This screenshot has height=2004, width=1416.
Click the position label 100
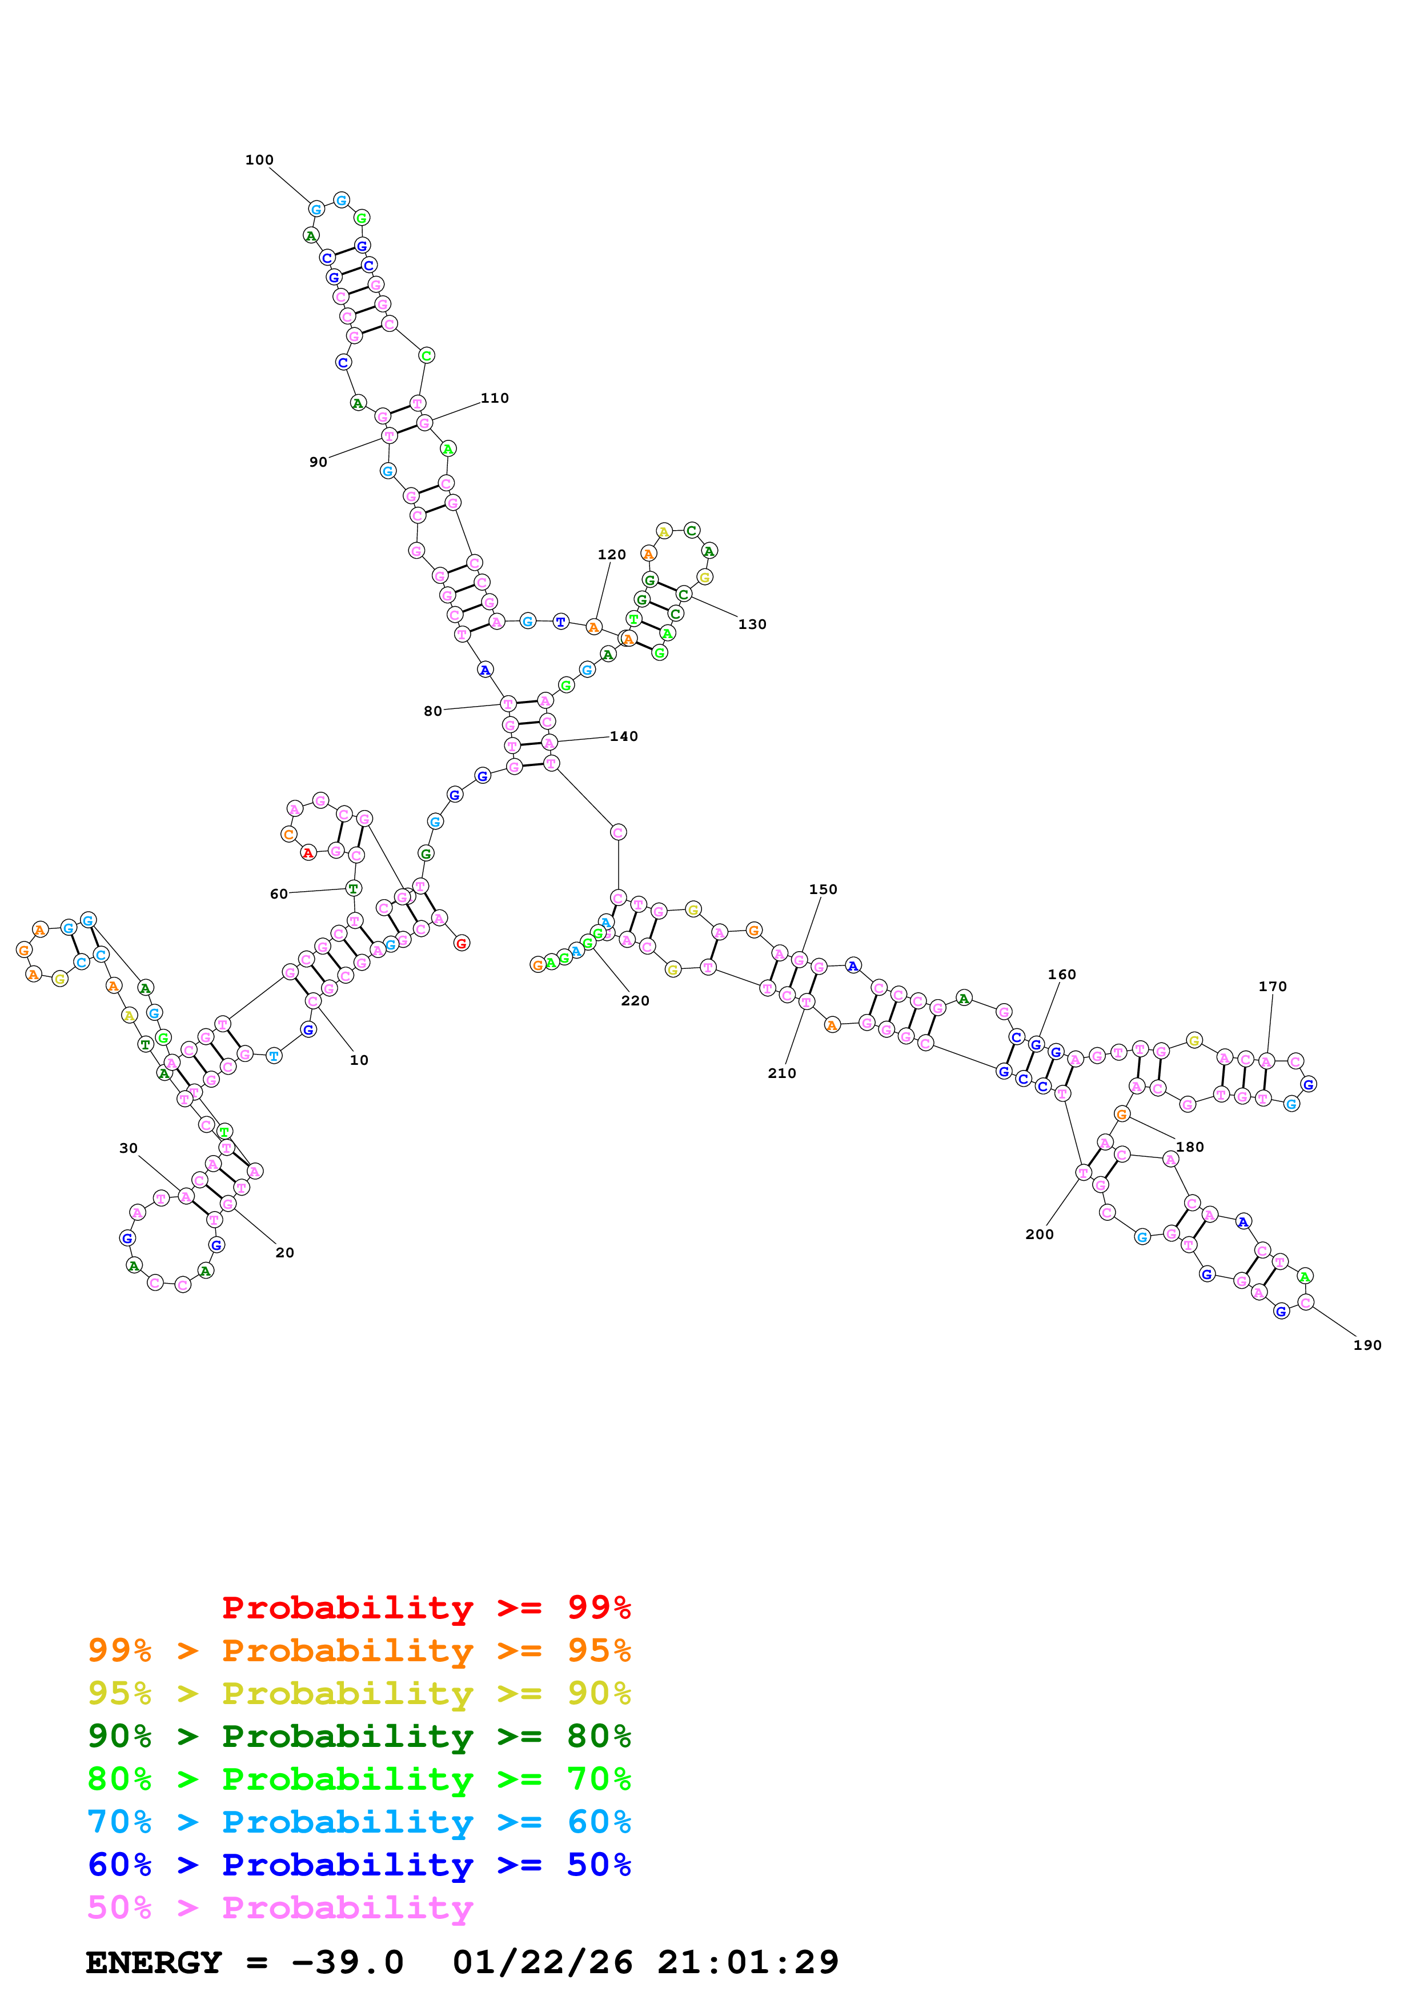(259, 160)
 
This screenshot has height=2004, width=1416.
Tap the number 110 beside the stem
(495, 398)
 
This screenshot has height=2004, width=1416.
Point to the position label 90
(319, 462)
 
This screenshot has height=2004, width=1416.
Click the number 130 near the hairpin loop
(752, 624)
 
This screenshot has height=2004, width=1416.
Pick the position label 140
(624, 736)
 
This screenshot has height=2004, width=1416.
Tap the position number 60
(278, 894)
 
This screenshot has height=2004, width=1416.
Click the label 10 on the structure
(359, 1060)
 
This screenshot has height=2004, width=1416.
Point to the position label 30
(129, 1148)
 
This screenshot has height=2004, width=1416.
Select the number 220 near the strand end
(635, 1000)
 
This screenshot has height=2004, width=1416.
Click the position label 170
(1272, 986)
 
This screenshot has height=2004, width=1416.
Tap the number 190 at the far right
(1367, 1345)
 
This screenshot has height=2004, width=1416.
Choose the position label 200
(1039, 1234)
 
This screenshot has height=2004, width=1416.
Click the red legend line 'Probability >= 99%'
(426, 1608)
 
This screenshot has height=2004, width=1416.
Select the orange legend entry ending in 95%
(359, 1650)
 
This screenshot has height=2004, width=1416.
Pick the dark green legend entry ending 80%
(359, 1736)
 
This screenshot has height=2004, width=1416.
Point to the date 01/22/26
(543, 1963)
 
